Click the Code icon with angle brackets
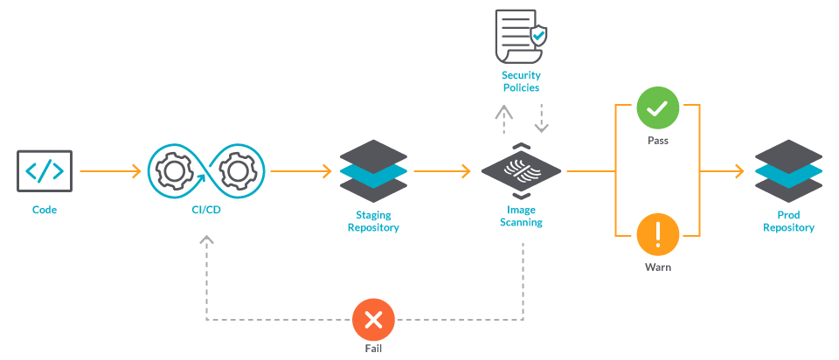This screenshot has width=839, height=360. coord(45,171)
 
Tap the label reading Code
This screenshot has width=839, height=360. coord(45,210)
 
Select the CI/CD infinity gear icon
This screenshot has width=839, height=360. coord(205,171)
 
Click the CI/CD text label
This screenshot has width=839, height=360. coord(205,210)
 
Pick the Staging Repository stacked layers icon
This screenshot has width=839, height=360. coord(373,171)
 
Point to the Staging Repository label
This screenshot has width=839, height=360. coord(373,221)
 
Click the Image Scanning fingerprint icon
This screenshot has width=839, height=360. coord(521,171)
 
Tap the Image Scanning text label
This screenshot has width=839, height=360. coord(521,216)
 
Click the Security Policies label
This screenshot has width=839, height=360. coord(521,81)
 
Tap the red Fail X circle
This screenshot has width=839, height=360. coord(373,320)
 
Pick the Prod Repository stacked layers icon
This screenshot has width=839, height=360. coord(788,171)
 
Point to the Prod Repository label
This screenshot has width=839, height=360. coord(788,221)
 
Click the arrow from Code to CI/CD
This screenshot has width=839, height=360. coord(110,171)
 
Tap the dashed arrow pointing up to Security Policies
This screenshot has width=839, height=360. coord(503,117)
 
